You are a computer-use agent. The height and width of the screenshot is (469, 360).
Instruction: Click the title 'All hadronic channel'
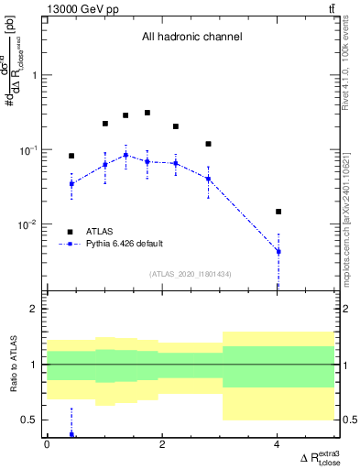(x=191, y=38)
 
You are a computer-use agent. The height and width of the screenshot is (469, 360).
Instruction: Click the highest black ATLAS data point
(x=147, y=113)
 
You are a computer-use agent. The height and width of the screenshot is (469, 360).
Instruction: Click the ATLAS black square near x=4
(x=278, y=212)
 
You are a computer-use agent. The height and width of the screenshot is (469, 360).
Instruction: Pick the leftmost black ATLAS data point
(x=71, y=156)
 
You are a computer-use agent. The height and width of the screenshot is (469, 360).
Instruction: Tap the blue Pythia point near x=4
(x=278, y=251)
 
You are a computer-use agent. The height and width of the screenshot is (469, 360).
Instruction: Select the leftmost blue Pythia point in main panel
(x=71, y=183)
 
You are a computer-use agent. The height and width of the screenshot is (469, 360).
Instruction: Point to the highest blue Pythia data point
(x=125, y=155)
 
